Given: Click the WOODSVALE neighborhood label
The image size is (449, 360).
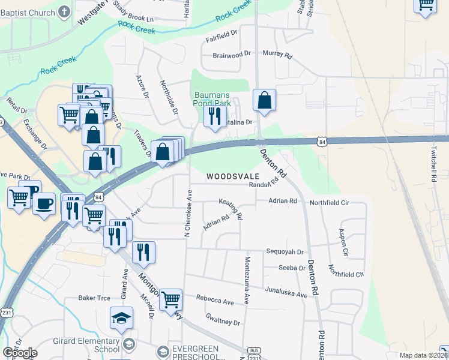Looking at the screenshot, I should [233, 177].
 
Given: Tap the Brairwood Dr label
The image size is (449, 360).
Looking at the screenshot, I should [231, 55].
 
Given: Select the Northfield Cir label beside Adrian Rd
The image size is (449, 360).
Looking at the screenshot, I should [330, 203].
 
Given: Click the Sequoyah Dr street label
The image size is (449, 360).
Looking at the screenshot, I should [286, 253].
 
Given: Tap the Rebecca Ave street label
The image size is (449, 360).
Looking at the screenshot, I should [215, 301].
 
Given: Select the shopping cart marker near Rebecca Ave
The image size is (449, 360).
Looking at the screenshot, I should [171, 298].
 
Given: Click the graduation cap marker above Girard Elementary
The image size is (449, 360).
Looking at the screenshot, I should [121, 319].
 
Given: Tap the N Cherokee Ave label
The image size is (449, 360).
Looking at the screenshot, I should [188, 212].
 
